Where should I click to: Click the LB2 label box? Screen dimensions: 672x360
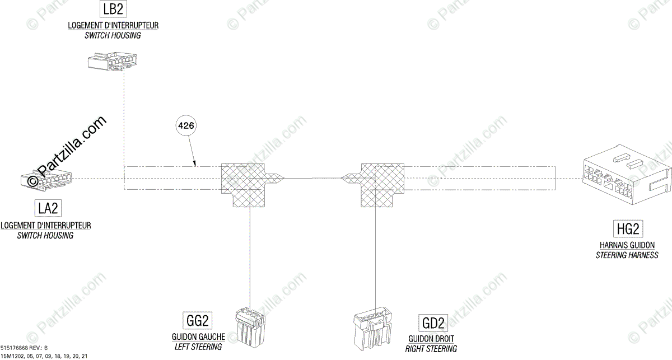pos(112,10)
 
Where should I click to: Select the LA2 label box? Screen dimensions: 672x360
pos(48,208)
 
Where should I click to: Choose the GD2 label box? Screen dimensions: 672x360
pos(433,323)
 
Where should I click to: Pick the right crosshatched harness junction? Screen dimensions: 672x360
pos(381,185)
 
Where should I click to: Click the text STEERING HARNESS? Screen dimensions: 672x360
pos(627,255)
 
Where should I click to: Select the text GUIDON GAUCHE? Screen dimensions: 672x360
pos(198,337)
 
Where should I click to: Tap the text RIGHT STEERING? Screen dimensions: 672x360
pos(431,349)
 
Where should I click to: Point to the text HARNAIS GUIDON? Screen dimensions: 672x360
pos(627,245)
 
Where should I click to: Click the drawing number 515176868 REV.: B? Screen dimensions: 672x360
pos(28,348)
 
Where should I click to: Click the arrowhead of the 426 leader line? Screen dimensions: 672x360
pos(195,165)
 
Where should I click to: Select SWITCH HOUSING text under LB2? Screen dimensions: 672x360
pos(113,35)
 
